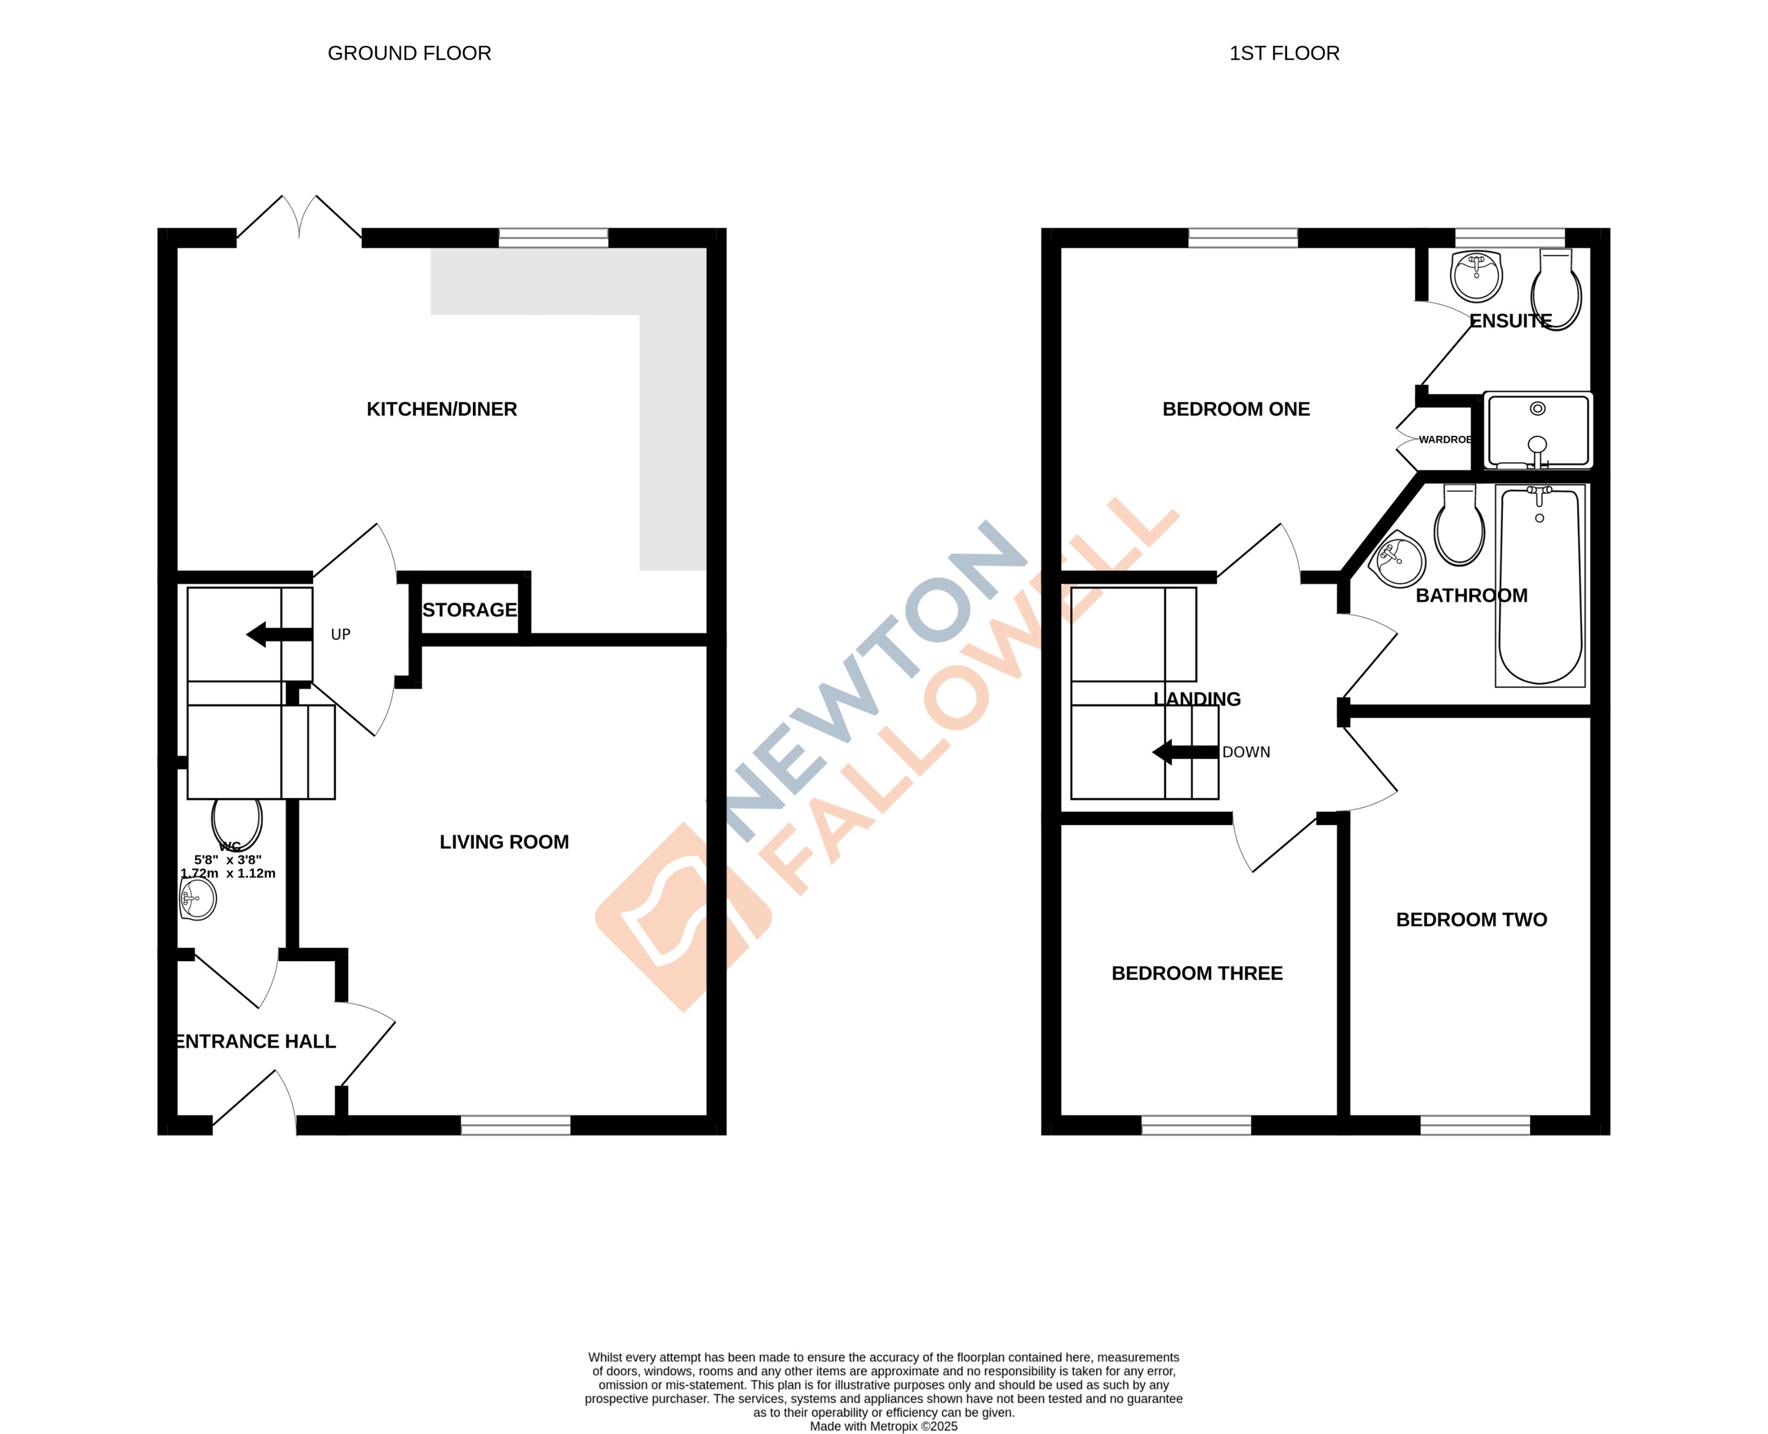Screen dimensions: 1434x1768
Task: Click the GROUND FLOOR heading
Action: pyautogui.click(x=409, y=53)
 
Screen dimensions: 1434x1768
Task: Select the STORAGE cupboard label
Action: pyautogui.click(x=469, y=609)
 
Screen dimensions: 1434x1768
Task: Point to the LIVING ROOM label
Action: pyautogui.click(x=504, y=842)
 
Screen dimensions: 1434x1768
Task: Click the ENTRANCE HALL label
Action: pyautogui.click(x=256, y=1041)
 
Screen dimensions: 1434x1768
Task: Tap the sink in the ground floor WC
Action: pyautogui.click(x=198, y=899)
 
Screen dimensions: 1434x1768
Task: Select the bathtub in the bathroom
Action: pyautogui.click(x=1540, y=587)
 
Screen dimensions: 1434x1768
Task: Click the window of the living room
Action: pyautogui.click(x=516, y=1124)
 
